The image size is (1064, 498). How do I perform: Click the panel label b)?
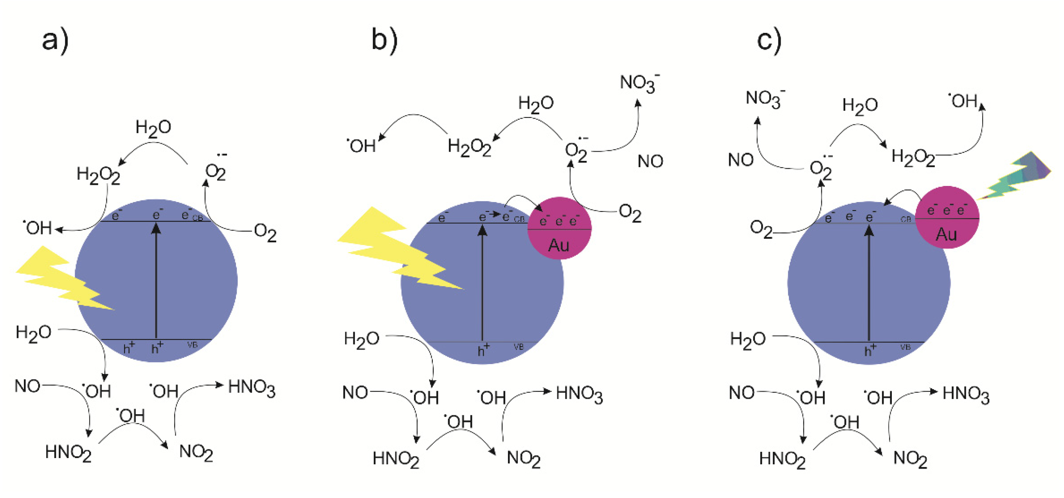coord(385,40)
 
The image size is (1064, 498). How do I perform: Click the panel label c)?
coord(769,40)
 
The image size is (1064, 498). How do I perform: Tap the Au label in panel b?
coord(559,245)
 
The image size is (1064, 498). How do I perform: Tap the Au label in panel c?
coord(946,235)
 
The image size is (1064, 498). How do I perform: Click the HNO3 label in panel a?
coord(252,388)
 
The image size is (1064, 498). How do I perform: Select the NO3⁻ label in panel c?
coord(765,99)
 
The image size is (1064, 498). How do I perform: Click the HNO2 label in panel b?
coord(396,459)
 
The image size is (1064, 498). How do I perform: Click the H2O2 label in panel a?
coord(98,175)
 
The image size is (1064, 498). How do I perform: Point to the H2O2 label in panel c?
coord(913,158)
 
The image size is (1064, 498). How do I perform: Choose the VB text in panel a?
coord(193,345)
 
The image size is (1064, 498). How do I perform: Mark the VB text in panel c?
coord(905,347)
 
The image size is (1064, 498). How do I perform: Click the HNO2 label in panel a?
coord(68,453)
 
